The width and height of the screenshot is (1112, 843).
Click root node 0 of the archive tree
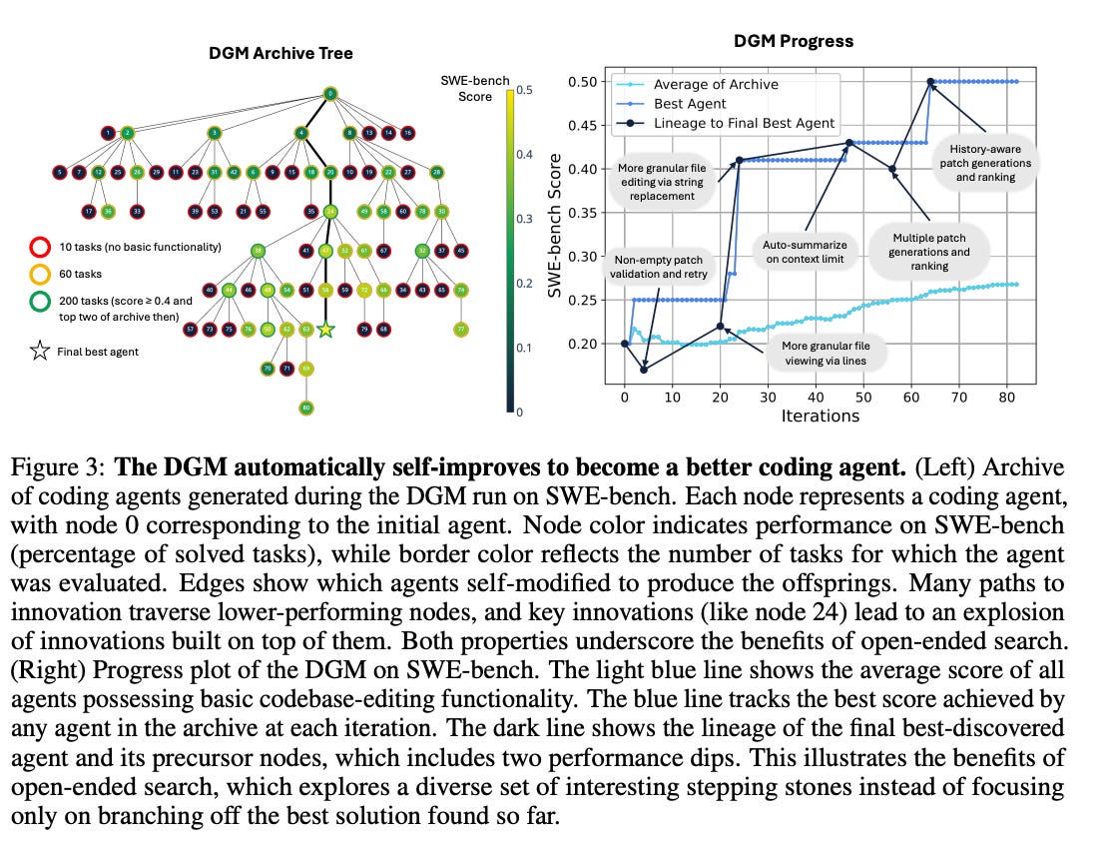pyautogui.click(x=330, y=95)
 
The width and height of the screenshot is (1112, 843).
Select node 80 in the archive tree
pyautogui.click(x=306, y=408)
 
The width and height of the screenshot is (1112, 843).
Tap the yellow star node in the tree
pyautogui.click(x=324, y=329)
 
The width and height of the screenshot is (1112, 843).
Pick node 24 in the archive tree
pyautogui.click(x=330, y=212)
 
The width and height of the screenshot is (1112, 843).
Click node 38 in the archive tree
pyautogui.click(x=259, y=251)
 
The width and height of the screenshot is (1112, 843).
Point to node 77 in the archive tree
pyautogui.click(x=461, y=329)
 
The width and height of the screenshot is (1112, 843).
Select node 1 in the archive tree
pyautogui.click(x=108, y=133)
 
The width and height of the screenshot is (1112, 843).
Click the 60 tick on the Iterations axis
pyautogui.click(x=911, y=397)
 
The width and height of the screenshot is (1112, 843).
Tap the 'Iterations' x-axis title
pyautogui.click(x=820, y=416)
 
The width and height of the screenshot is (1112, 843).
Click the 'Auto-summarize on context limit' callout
pyautogui.click(x=804, y=252)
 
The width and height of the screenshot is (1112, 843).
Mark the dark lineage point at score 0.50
pyautogui.click(x=930, y=81)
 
